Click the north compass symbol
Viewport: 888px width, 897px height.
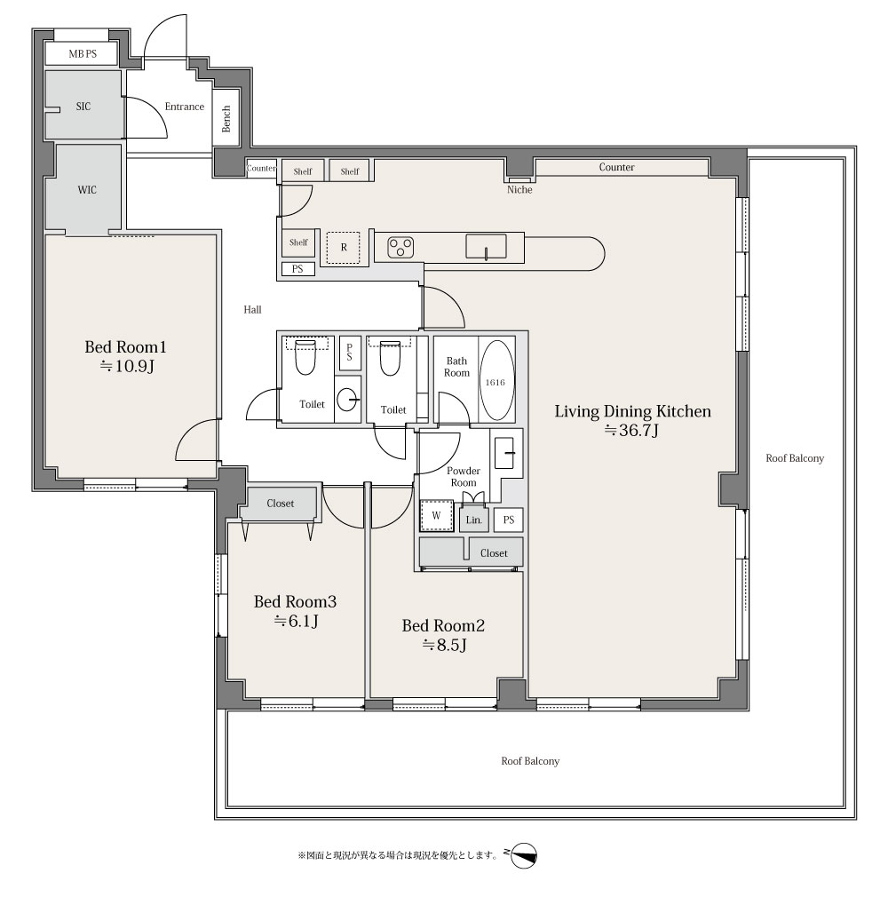(523, 856)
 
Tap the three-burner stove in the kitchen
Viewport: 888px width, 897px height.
(400, 247)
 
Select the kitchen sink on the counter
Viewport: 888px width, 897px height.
(486, 246)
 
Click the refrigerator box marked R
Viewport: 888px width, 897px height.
(344, 248)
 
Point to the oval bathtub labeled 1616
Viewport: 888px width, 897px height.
(496, 381)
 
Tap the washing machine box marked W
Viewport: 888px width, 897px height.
(437, 515)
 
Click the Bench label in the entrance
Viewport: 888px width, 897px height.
(226, 118)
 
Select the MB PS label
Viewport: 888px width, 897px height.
(83, 54)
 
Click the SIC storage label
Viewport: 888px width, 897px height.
(83, 107)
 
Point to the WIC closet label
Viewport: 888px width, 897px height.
(87, 190)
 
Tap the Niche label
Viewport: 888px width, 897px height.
(519, 190)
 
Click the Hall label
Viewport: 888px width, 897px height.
(252, 309)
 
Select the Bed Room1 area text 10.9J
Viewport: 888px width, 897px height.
(127, 366)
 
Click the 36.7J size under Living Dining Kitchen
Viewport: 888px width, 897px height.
(631, 430)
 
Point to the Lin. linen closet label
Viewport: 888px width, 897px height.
(474, 520)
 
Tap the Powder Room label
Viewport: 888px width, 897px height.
(464, 477)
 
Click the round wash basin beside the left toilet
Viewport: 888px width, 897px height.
(348, 400)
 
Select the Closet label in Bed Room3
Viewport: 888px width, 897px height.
(281, 504)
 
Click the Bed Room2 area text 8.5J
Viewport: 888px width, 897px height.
(445, 646)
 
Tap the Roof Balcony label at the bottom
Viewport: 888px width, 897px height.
(530, 761)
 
